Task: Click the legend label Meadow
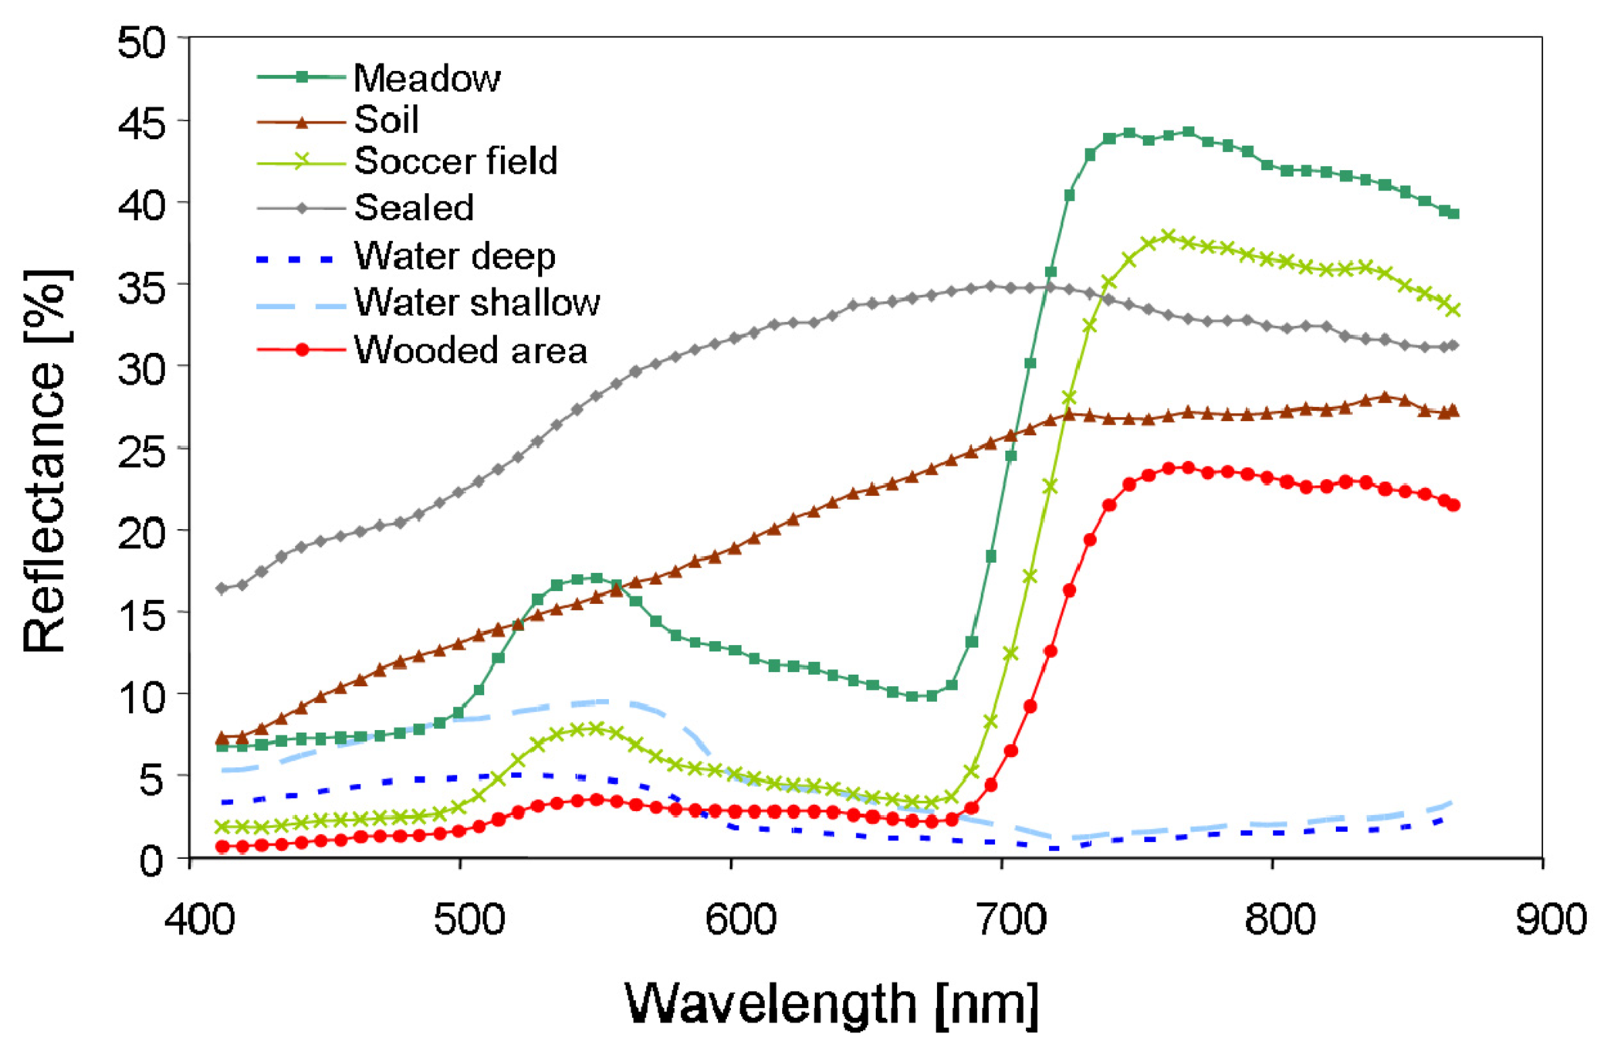pyautogui.click(x=427, y=78)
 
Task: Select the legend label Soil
pyautogui.click(x=386, y=120)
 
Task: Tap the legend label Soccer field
pyautogui.click(x=455, y=161)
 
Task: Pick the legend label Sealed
pyautogui.click(x=414, y=207)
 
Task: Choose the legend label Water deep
pyautogui.click(x=455, y=256)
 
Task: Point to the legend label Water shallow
pyautogui.click(x=477, y=302)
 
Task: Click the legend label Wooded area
pyautogui.click(x=471, y=350)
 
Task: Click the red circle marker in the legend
pyautogui.click(x=302, y=350)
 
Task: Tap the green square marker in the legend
pyautogui.click(x=302, y=76)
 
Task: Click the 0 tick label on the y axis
pyautogui.click(x=152, y=860)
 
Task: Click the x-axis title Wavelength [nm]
pyautogui.click(x=831, y=1003)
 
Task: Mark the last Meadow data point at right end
pyautogui.click(x=1453, y=213)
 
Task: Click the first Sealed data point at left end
pyautogui.click(x=222, y=589)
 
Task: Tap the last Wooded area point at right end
pyautogui.click(x=1453, y=504)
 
